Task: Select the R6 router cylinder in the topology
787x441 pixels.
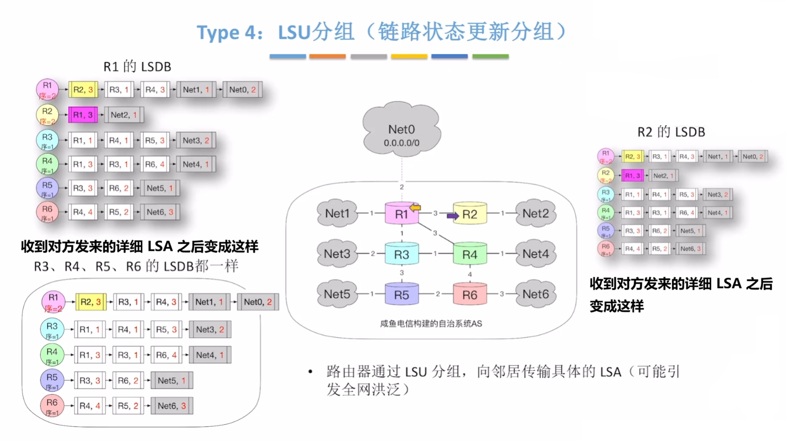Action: pos(469,294)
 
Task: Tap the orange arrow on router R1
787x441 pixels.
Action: pos(415,207)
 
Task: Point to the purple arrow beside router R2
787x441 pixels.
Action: pos(452,216)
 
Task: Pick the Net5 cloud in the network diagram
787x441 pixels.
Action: pos(337,294)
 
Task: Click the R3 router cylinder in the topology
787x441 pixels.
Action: pos(401,254)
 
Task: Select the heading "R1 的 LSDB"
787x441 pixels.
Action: pos(137,67)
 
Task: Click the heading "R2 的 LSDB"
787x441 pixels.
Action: pos(671,132)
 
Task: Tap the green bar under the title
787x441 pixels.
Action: pos(490,57)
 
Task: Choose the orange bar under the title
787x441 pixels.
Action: pos(327,57)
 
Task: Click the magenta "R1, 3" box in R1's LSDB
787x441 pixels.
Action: pos(83,115)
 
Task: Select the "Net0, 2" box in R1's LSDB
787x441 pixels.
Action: pos(243,90)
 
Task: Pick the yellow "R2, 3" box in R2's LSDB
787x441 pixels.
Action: pos(632,156)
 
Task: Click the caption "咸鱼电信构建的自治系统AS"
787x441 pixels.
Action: pos(431,323)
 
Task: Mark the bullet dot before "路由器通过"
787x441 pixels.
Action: pos(310,372)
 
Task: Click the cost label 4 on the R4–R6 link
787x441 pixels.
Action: pos(469,274)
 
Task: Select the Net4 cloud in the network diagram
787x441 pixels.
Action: pos(535,254)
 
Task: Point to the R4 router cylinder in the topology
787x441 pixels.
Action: pos(469,254)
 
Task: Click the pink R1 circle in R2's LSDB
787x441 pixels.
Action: pos(606,156)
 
